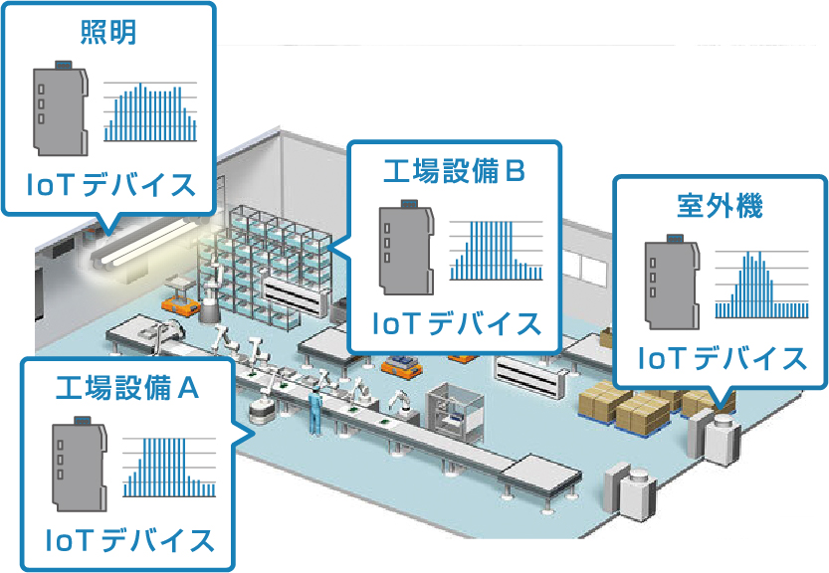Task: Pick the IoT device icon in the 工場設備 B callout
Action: point(406,249)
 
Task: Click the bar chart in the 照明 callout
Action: point(150,111)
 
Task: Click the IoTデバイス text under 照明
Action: point(109,185)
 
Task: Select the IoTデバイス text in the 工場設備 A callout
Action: point(129,541)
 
